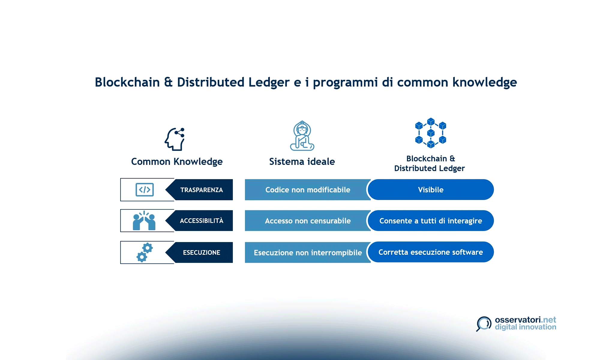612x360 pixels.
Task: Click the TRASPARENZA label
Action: pyautogui.click(x=201, y=190)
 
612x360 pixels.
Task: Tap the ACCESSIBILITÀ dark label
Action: pyautogui.click(x=201, y=221)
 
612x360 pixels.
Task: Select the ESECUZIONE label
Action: pyautogui.click(x=201, y=253)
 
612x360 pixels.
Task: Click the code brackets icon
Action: pyautogui.click(x=145, y=190)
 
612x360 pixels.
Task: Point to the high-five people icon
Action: pyautogui.click(x=144, y=221)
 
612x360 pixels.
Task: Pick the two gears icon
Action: pyautogui.click(x=145, y=253)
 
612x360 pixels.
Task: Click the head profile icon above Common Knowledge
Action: pyautogui.click(x=175, y=139)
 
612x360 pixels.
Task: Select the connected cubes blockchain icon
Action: pyautogui.click(x=430, y=133)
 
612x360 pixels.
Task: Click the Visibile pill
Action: pyautogui.click(x=430, y=190)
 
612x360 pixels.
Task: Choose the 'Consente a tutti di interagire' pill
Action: pyautogui.click(x=430, y=221)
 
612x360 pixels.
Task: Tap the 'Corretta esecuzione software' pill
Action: pyautogui.click(x=430, y=252)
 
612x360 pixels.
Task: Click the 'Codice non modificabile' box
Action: pyautogui.click(x=307, y=190)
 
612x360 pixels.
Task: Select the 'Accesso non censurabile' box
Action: pyautogui.click(x=307, y=221)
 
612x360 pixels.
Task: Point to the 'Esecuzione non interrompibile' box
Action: pyautogui.click(x=307, y=253)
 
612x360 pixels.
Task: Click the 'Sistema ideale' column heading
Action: pyautogui.click(x=302, y=161)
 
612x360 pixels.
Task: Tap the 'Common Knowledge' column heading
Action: pyautogui.click(x=177, y=161)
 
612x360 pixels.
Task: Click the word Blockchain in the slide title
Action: pyautogui.click(x=127, y=82)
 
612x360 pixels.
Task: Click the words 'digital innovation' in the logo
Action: pyautogui.click(x=525, y=327)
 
